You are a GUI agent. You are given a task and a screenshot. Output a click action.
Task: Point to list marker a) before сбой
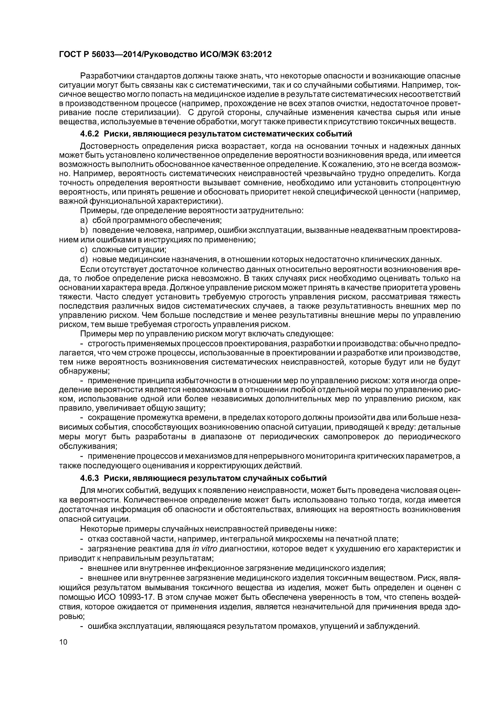click(x=84, y=220)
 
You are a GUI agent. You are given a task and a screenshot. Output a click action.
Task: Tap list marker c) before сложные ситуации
click(x=84, y=250)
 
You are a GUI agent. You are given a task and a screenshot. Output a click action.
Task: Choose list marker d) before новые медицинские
click(x=84, y=259)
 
